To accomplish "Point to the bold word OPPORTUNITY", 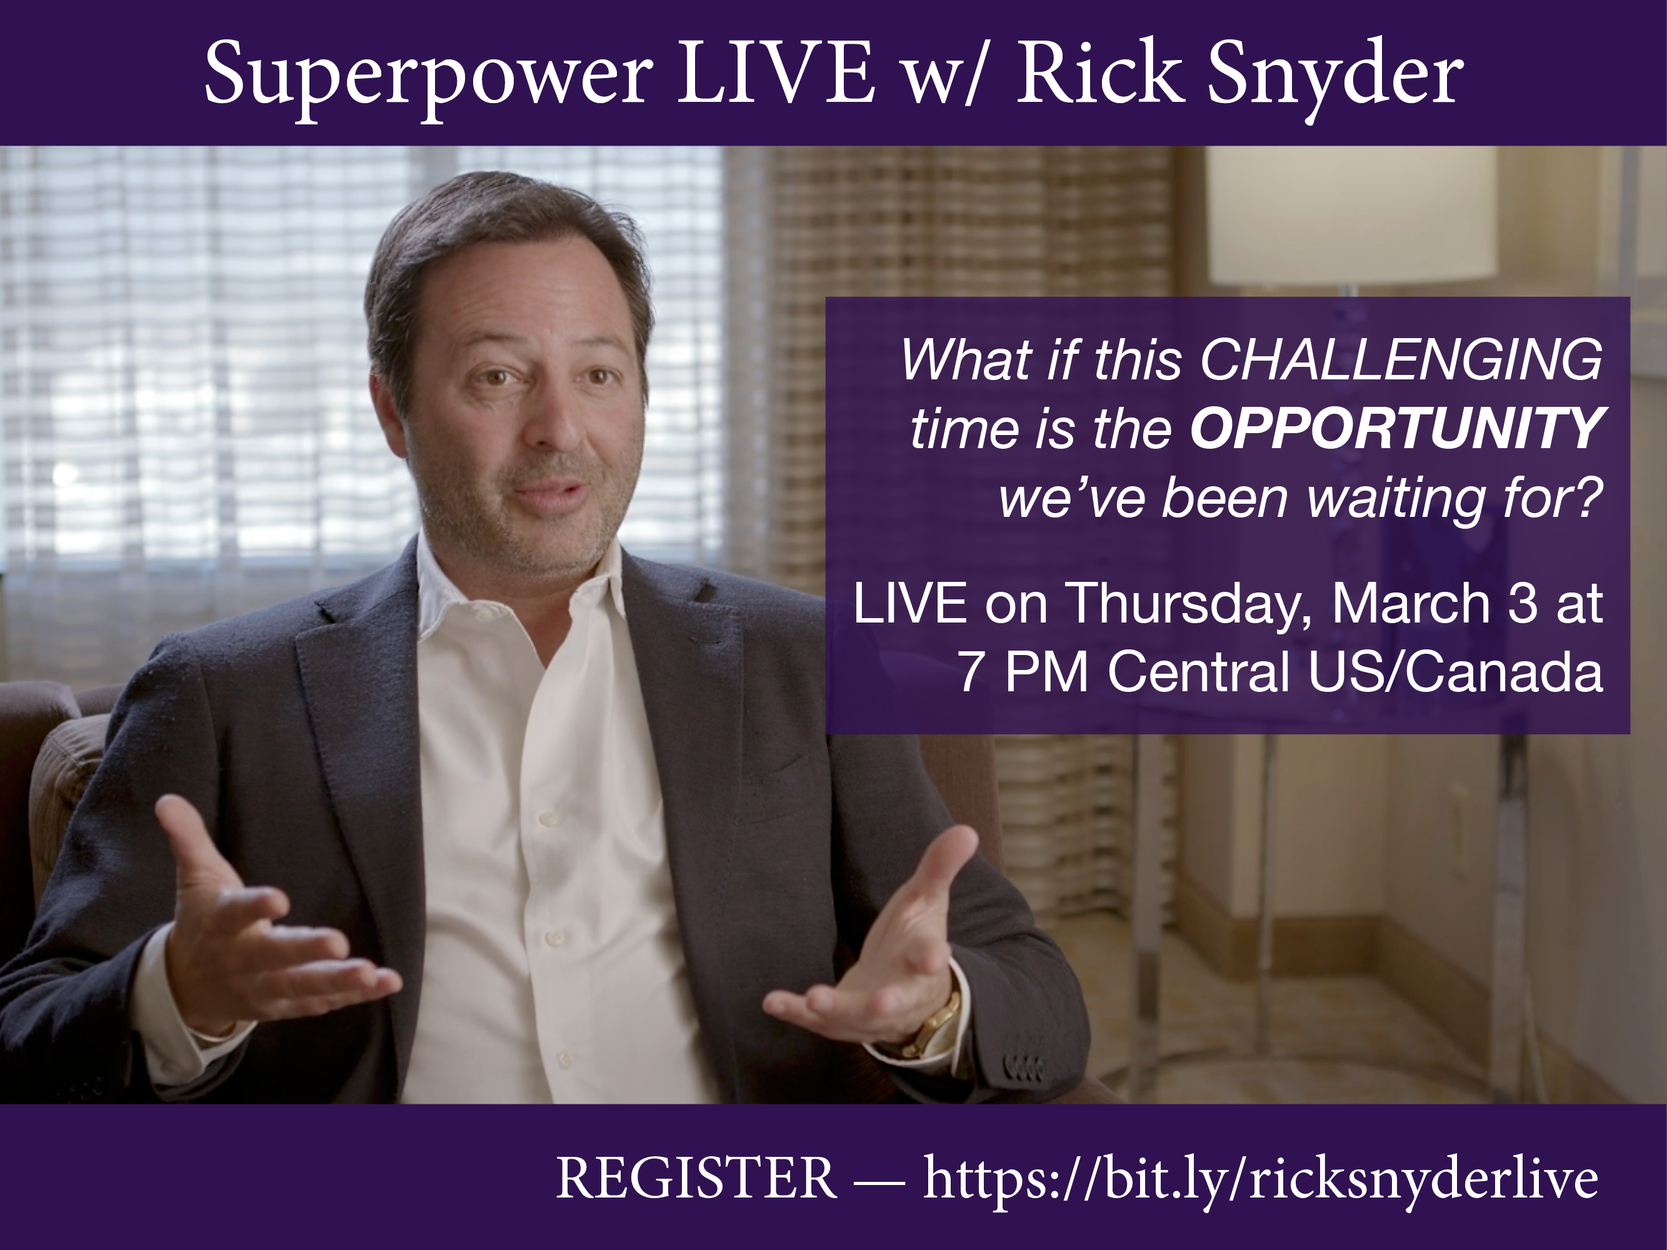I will [x=1396, y=429].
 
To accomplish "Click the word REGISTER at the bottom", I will [x=696, y=1177].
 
